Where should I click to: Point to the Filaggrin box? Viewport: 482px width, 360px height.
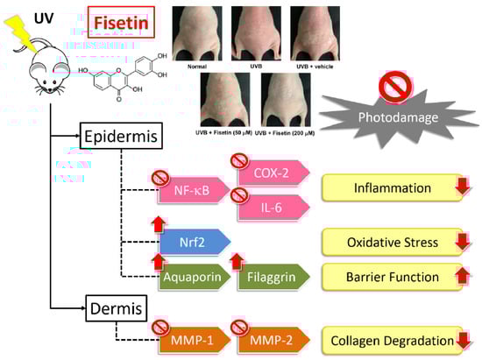coord(273,277)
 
